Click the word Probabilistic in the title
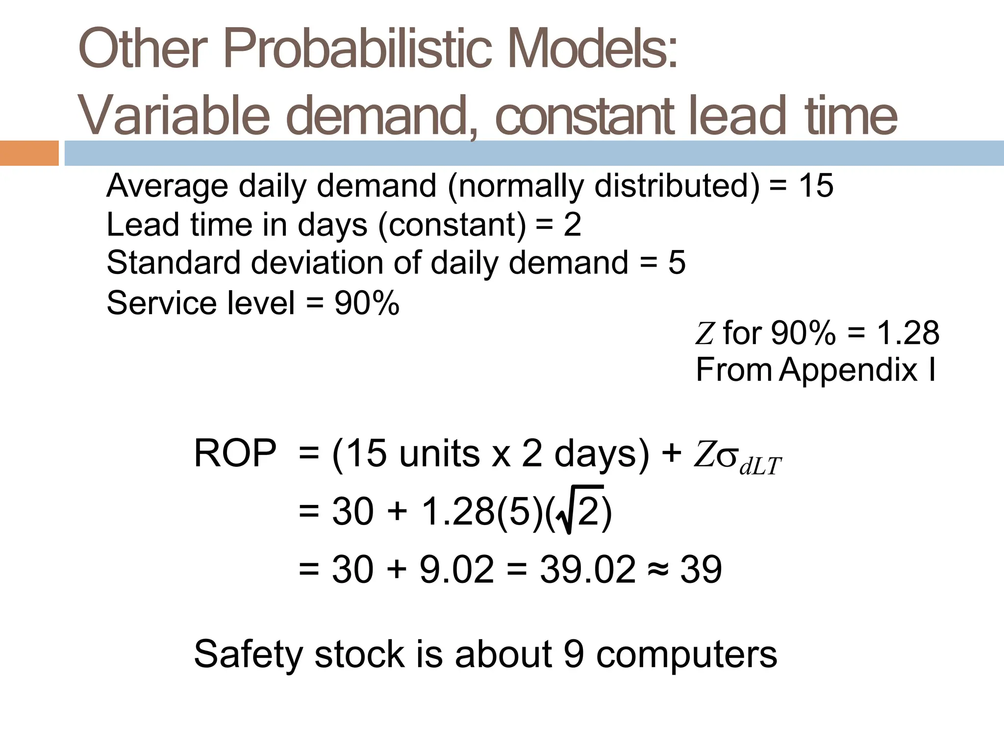point(357,50)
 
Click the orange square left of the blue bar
point(29,153)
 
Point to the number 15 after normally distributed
point(816,186)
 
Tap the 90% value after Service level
point(367,303)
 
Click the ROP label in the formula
point(235,453)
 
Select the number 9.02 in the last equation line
point(457,570)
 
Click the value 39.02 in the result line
point(587,570)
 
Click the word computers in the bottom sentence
point(686,655)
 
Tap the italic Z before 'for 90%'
point(704,333)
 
